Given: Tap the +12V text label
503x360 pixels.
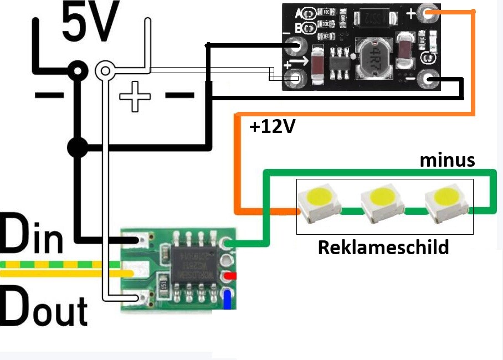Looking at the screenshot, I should click(x=271, y=127).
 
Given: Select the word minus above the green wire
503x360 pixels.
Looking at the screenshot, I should click(x=447, y=160).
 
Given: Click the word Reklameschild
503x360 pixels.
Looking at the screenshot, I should click(x=383, y=247).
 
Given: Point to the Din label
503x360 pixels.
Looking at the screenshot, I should click(x=32, y=235).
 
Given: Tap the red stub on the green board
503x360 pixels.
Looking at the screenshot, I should click(x=229, y=275).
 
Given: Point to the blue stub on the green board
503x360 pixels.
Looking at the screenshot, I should click(x=227, y=298).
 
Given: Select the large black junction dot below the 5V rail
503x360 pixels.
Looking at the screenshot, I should click(x=77, y=148).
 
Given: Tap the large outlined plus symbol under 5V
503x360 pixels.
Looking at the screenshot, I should click(x=135, y=96).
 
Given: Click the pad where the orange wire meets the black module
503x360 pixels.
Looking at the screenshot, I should click(x=428, y=12).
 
